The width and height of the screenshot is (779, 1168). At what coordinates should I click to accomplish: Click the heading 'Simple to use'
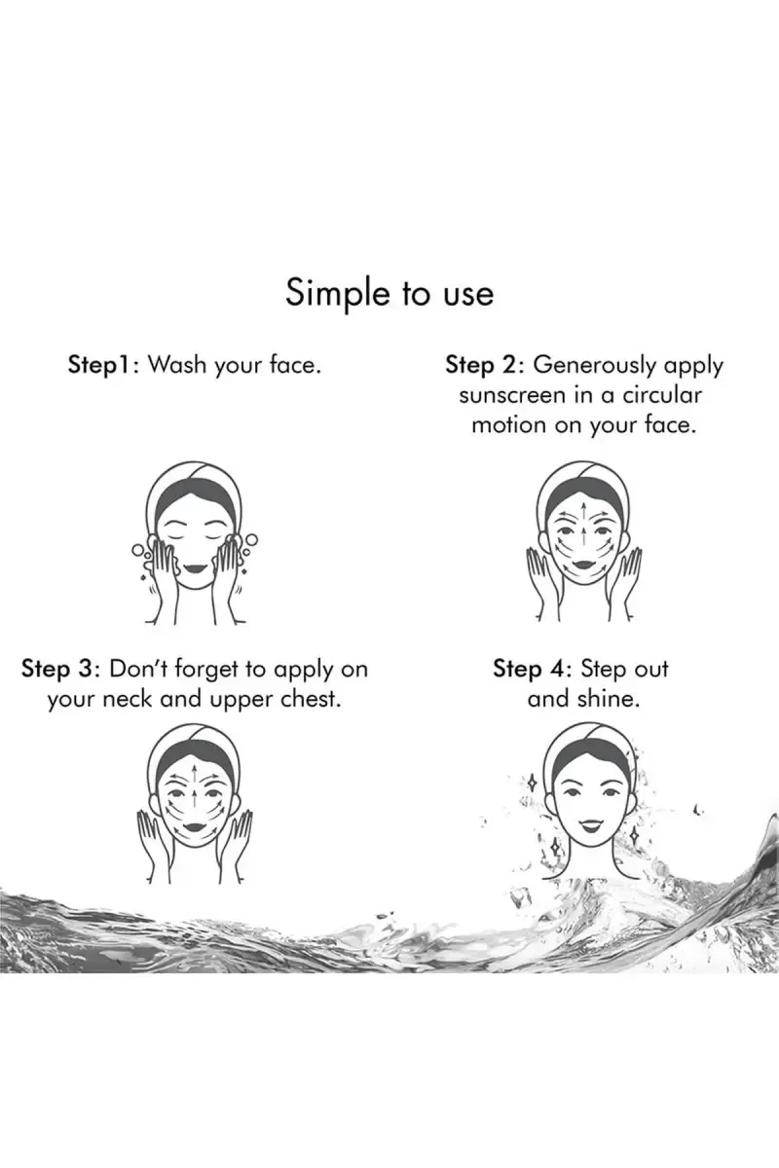(x=389, y=294)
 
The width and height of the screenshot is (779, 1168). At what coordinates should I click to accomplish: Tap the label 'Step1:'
(x=104, y=364)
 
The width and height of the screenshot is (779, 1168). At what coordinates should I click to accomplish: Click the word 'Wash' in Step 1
(x=177, y=364)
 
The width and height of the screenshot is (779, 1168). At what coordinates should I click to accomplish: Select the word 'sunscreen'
(x=512, y=396)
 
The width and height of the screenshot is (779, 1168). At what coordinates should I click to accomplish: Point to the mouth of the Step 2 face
(x=584, y=566)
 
